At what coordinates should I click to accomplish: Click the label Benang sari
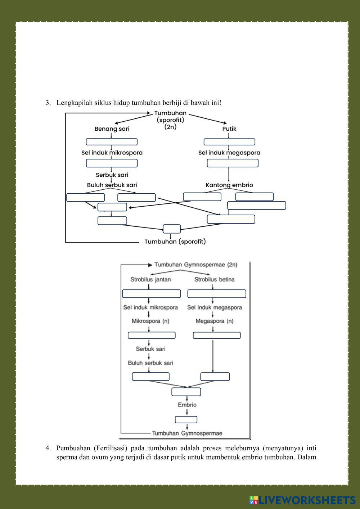(112, 129)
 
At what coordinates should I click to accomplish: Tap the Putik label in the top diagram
(229, 129)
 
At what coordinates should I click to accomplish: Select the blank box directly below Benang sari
(112, 142)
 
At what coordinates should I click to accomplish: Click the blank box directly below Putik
(229, 142)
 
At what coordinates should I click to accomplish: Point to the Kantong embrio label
(229, 185)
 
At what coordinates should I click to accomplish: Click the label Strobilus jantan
(150, 279)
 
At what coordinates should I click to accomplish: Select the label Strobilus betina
(214, 279)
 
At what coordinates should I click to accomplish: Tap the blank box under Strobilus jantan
(151, 294)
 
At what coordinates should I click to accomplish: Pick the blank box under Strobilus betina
(217, 294)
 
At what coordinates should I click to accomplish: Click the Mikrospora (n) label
(150, 321)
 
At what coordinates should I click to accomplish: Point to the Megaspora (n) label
(214, 321)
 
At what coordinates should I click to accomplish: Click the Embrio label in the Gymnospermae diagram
(187, 405)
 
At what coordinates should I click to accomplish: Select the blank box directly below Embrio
(186, 420)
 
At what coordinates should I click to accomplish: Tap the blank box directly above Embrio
(186, 392)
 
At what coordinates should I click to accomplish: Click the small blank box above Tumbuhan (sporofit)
(171, 229)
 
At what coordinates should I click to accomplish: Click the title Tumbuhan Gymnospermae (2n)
(196, 265)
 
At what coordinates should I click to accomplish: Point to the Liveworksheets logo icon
(254, 500)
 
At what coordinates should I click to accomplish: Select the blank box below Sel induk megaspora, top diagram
(233, 163)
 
